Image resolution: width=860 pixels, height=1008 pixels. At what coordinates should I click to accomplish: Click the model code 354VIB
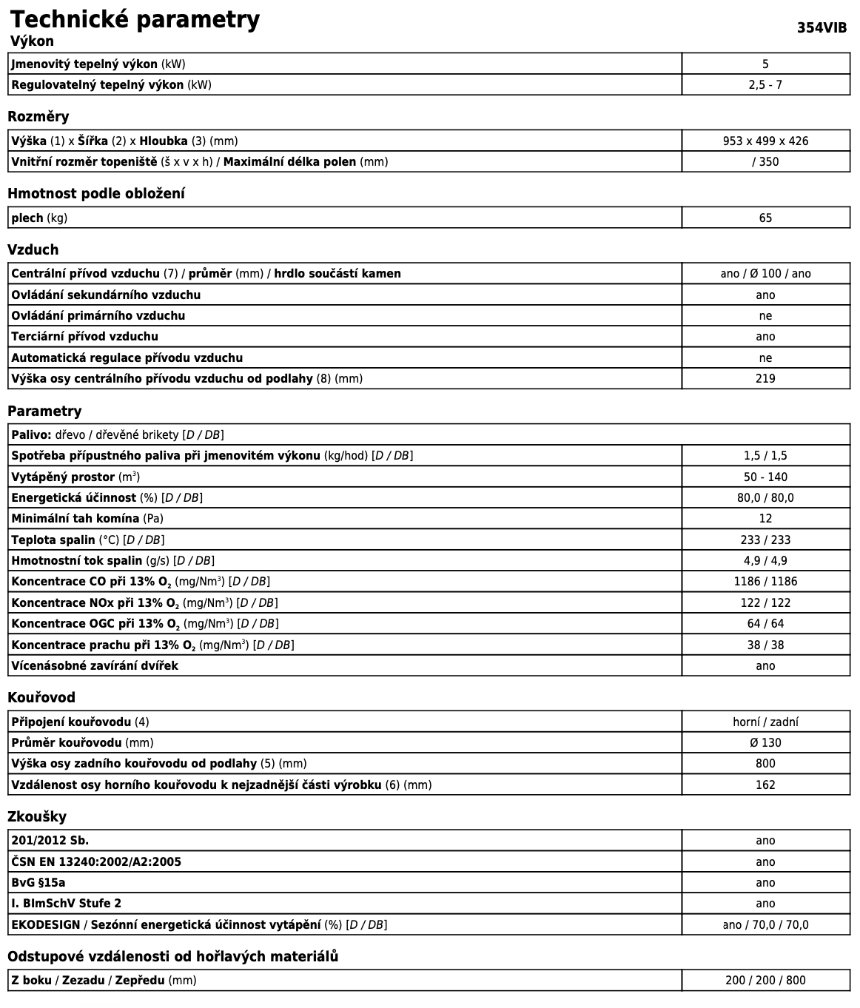pyautogui.click(x=822, y=28)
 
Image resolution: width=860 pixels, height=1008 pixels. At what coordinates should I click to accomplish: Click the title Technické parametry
pyautogui.click(x=135, y=19)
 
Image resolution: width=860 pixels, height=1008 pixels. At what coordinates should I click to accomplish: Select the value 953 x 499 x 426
pyautogui.click(x=765, y=141)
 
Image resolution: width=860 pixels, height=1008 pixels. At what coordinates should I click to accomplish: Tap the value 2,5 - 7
pyautogui.click(x=765, y=84)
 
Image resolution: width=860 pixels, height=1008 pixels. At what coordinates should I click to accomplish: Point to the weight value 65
pyautogui.click(x=765, y=218)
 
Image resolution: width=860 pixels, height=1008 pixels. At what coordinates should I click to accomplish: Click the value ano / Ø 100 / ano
pyautogui.click(x=765, y=274)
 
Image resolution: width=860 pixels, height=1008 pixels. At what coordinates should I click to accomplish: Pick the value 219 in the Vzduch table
pyautogui.click(x=765, y=379)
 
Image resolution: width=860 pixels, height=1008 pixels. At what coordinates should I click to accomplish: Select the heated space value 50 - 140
pyautogui.click(x=765, y=477)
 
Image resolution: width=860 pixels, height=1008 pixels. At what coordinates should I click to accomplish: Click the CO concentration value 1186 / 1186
pyautogui.click(x=765, y=582)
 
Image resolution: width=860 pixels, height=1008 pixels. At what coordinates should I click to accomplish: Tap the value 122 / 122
pyautogui.click(x=765, y=602)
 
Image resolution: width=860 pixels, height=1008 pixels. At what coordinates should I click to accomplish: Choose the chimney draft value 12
pyautogui.click(x=765, y=519)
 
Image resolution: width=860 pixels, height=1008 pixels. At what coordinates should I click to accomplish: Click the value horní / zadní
pyautogui.click(x=765, y=722)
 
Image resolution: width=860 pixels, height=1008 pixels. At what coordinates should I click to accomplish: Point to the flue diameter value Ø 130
pyautogui.click(x=765, y=742)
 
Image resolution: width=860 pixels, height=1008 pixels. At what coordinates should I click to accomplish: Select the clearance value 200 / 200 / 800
pyautogui.click(x=765, y=981)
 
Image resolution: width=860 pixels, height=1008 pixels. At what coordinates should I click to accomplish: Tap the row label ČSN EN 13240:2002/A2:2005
pyautogui.click(x=96, y=861)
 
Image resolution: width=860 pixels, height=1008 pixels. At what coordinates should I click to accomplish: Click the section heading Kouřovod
pyautogui.click(x=41, y=697)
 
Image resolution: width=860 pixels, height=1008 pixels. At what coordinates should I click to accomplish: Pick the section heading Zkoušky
pyautogui.click(x=37, y=816)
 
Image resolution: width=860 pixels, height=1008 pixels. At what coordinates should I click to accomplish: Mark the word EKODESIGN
pyautogui.click(x=45, y=924)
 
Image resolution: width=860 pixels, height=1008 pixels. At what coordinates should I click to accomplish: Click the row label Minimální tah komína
pyautogui.click(x=75, y=519)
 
